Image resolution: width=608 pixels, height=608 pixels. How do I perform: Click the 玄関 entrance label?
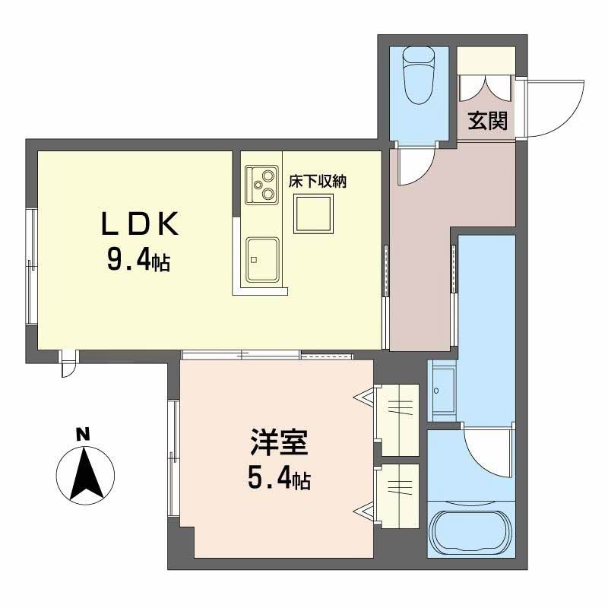487,121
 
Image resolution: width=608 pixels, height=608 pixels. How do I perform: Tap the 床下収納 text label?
317,182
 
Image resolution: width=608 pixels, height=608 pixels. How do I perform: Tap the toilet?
417,74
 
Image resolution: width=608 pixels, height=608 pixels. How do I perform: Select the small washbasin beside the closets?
442,390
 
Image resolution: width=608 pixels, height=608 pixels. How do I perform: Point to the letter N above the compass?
83,435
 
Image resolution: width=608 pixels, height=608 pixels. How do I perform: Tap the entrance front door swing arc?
555,106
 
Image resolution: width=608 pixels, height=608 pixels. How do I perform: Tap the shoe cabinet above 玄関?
485,62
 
